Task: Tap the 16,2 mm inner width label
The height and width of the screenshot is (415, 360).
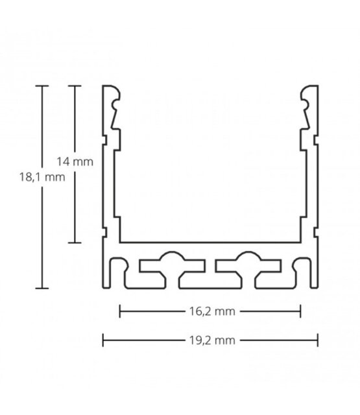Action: (210, 312)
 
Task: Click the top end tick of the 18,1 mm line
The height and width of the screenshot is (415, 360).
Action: (43, 86)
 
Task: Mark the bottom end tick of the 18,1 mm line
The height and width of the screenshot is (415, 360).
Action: (43, 286)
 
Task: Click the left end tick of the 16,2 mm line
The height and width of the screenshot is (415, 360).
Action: (119, 312)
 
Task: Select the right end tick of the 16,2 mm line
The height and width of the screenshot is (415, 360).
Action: (300, 312)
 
